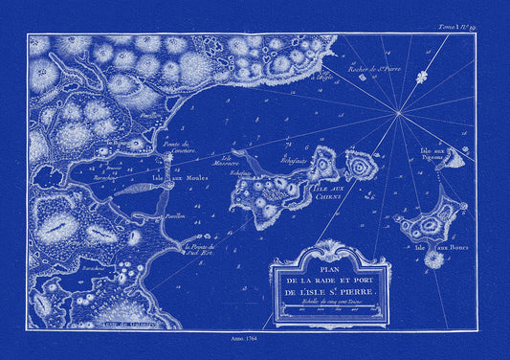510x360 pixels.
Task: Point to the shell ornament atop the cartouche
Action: coord(342,241)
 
